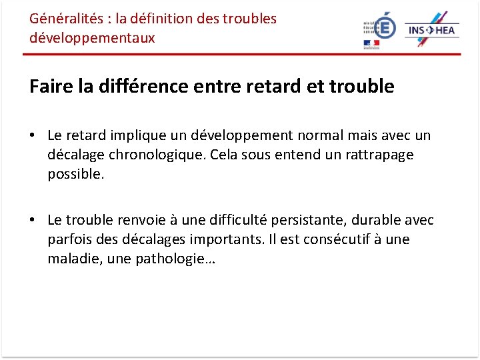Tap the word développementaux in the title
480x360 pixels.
coord(92,38)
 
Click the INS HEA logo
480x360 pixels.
coord(432,29)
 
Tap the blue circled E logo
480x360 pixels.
coord(385,27)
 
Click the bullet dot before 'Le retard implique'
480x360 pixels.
coord(32,135)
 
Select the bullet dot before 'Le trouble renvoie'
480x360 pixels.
coord(32,220)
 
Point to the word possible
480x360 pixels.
coord(75,174)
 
